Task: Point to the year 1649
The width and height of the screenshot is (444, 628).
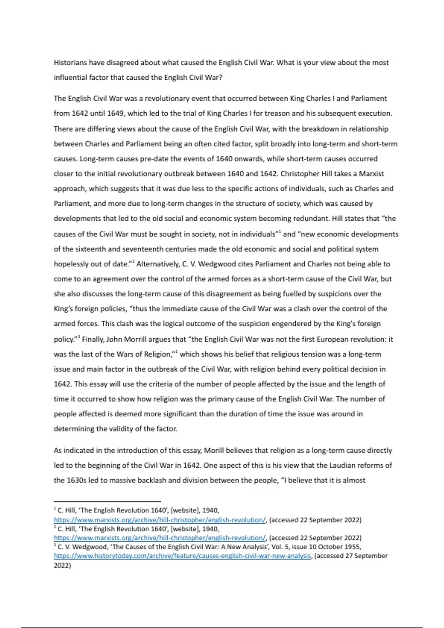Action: [x=115, y=113]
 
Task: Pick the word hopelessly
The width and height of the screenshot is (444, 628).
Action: [x=71, y=264]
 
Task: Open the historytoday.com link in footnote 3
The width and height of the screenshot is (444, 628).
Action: [x=182, y=556]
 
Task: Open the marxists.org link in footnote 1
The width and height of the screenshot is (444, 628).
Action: [x=159, y=520]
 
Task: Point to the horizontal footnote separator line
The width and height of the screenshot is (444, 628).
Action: [x=107, y=502]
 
